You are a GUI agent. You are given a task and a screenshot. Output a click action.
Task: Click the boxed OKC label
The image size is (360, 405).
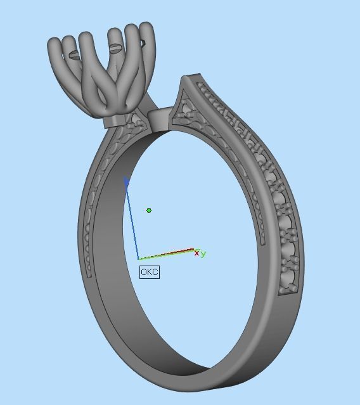(x=150, y=272)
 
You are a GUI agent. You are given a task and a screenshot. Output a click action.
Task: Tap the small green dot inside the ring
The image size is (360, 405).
(x=149, y=210)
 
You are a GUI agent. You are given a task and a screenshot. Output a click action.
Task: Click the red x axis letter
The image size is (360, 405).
(x=196, y=254)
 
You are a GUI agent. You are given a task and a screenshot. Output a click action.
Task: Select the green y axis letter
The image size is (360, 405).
(x=203, y=254)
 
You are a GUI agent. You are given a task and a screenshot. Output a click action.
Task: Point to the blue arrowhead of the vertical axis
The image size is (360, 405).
(x=126, y=182)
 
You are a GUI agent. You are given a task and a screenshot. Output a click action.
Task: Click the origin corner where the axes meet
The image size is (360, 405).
(x=139, y=259)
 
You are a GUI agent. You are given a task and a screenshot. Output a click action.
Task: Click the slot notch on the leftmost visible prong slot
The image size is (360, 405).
(x=75, y=55)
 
